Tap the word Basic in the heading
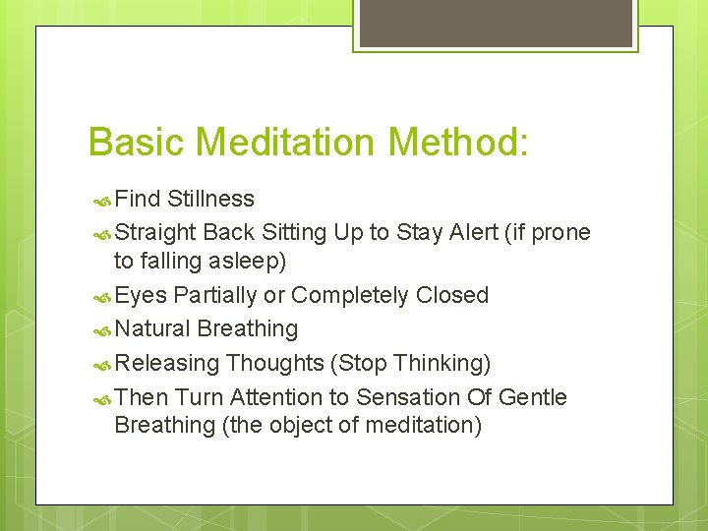pyautogui.click(x=137, y=142)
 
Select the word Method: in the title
pyautogui.click(x=459, y=142)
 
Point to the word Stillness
pyautogui.click(x=210, y=199)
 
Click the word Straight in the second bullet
pyautogui.click(x=155, y=232)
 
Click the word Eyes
pyautogui.click(x=141, y=295)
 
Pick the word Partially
pyautogui.click(x=215, y=295)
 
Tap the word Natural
pyautogui.click(x=152, y=328)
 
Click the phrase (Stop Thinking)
pyautogui.click(x=411, y=363)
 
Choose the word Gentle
pyautogui.click(x=533, y=397)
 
